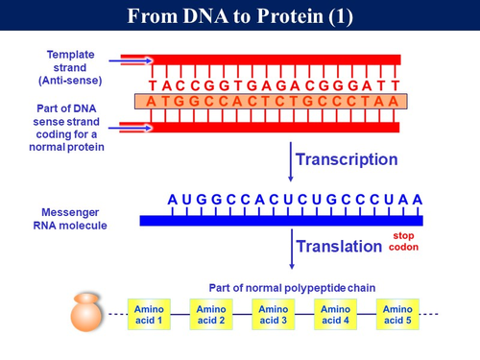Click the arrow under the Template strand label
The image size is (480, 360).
click(x=124, y=62)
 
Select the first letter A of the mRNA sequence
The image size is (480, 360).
click(x=172, y=200)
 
